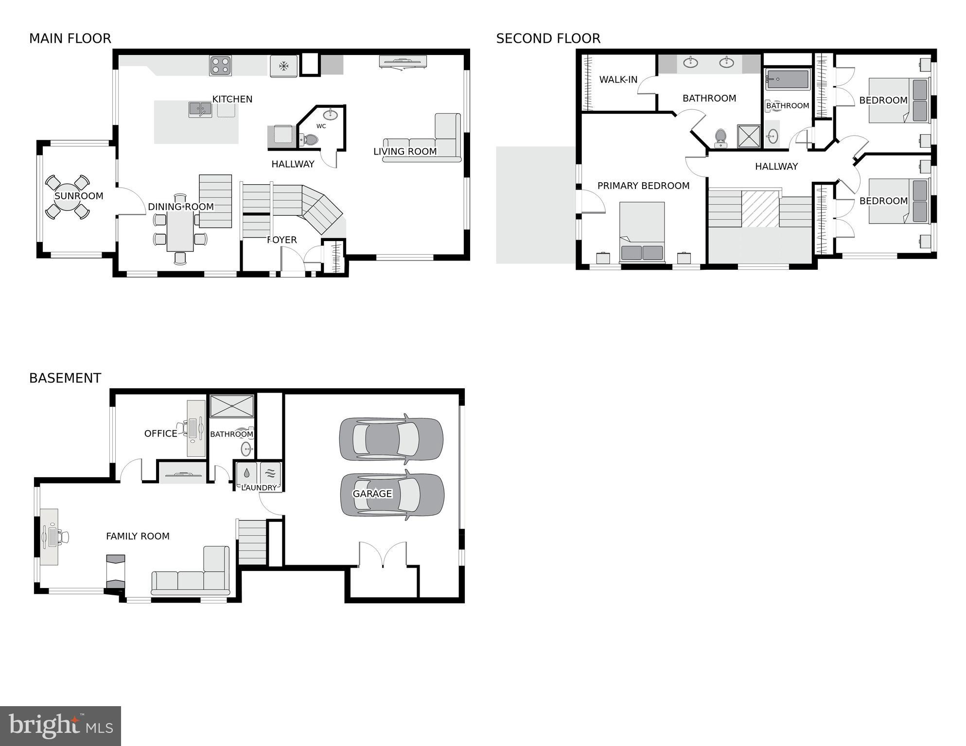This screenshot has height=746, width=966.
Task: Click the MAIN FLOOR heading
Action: (x=70, y=38)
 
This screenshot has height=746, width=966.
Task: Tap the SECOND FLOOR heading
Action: (x=548, y=38)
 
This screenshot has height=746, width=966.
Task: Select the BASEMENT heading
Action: (x=65, y=378)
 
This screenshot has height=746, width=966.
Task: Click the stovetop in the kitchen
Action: (x=220, y=66)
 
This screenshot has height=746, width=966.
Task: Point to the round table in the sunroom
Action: (x=68, y=197)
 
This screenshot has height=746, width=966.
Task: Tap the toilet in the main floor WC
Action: (x=309, y=140)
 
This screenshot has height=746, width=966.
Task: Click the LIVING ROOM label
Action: (x=405, y=152)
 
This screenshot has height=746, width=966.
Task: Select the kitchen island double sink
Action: (x=200, y=109)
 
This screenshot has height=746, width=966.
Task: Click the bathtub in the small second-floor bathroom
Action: (x=788, y=79)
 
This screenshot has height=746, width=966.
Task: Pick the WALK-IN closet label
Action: (x=618, y=80)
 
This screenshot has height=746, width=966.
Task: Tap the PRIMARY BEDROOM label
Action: (x=643, y=186)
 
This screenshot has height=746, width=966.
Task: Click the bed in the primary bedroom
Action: (x=642, y=232)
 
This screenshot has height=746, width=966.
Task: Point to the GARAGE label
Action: (x=372, y=494)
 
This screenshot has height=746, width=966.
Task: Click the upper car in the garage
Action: (x=391, y=439)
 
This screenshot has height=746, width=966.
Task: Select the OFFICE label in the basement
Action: (x=160, y=434)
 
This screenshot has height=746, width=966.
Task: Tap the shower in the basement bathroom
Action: (x=231, y=406)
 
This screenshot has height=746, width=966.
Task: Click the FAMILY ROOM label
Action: (x=138, y=536)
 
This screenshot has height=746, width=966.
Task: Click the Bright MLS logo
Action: (x=60, y=726)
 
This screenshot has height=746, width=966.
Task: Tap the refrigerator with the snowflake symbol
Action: (x=283, y=66)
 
